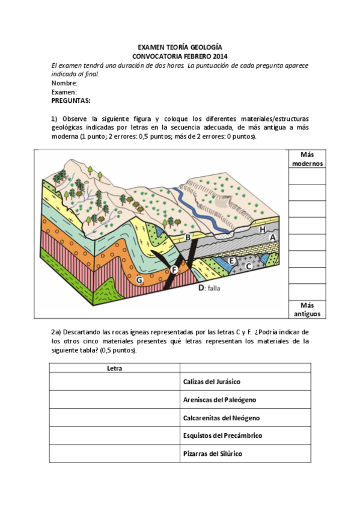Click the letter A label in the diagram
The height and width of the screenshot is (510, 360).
[x=272, y=238]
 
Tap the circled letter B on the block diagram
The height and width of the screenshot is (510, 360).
[x=188, y=238]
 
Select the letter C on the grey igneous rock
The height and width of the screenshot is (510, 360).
[x=248, y=265]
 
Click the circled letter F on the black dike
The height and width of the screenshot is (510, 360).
[x=174, y=270]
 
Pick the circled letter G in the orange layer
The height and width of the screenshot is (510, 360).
[x=139, y=280]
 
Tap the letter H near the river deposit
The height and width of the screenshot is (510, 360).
[x=261, y=229]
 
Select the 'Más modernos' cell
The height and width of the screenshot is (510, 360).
[x=307, y=159]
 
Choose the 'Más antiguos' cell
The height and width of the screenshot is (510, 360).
[x=307, y=309]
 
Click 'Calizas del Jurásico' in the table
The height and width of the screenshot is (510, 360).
[x=211, y=381]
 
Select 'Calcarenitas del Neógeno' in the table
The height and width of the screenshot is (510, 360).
[x=221, y=417]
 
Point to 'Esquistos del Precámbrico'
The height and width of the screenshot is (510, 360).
[x=222, y=435]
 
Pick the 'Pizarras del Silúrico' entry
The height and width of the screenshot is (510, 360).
[x=212, y=453]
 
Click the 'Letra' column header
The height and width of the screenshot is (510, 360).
[x=114, y=368]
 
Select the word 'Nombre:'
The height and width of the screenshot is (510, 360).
[x=64, y=83]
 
